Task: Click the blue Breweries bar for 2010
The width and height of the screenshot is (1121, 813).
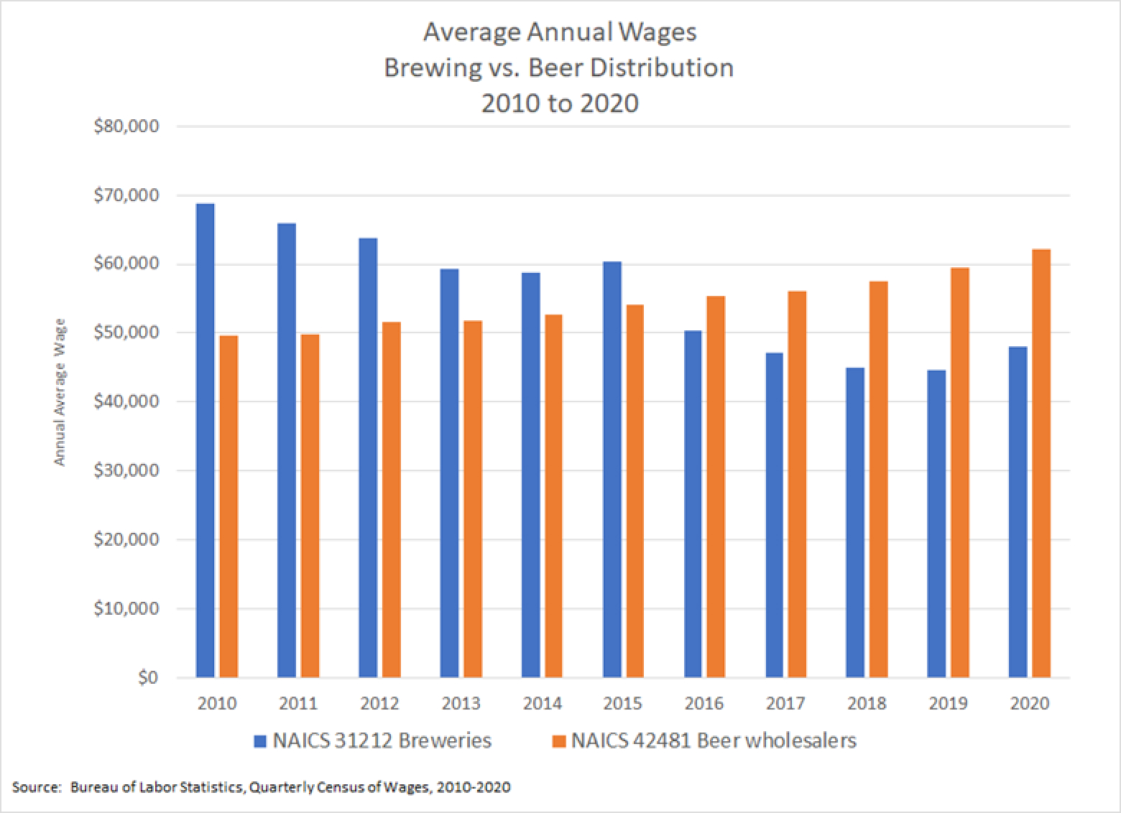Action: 205,440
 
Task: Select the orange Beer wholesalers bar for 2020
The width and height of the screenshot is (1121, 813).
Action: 1041,463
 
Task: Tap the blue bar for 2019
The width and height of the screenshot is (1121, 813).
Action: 936,524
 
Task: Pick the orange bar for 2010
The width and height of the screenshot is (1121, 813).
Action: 229,506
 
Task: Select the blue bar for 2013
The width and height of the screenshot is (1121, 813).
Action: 449,473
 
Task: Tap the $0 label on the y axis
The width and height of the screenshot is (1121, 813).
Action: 147,677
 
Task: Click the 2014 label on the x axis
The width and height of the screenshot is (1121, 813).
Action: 542,704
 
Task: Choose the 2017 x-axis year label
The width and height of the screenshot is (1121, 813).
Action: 785,704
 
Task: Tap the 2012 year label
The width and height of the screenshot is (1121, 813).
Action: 379,704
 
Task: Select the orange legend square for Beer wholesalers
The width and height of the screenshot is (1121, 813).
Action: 559,740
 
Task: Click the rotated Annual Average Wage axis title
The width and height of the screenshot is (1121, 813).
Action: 60,392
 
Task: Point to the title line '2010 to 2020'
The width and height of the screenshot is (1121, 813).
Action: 559,103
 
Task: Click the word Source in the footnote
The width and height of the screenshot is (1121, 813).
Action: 34,787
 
